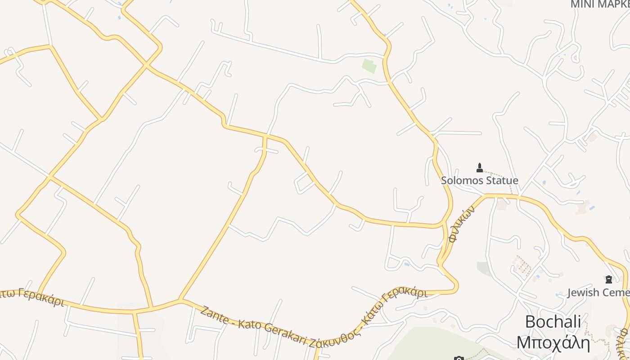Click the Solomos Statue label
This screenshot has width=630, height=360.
pos(479,180)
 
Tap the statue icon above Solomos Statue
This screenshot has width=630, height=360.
pos(479,168)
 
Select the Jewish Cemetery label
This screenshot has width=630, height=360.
pos(598,292)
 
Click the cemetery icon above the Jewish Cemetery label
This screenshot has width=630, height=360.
pos(609,279)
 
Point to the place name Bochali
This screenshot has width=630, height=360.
pos(553,322)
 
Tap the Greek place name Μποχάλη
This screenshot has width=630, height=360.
pos(553,342)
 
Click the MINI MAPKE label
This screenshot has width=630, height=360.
pos(600,4)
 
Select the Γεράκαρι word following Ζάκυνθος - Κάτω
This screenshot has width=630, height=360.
pos(404,295)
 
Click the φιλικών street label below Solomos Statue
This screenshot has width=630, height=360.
pos(462,224)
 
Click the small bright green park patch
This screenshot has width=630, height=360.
pos(369,66)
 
